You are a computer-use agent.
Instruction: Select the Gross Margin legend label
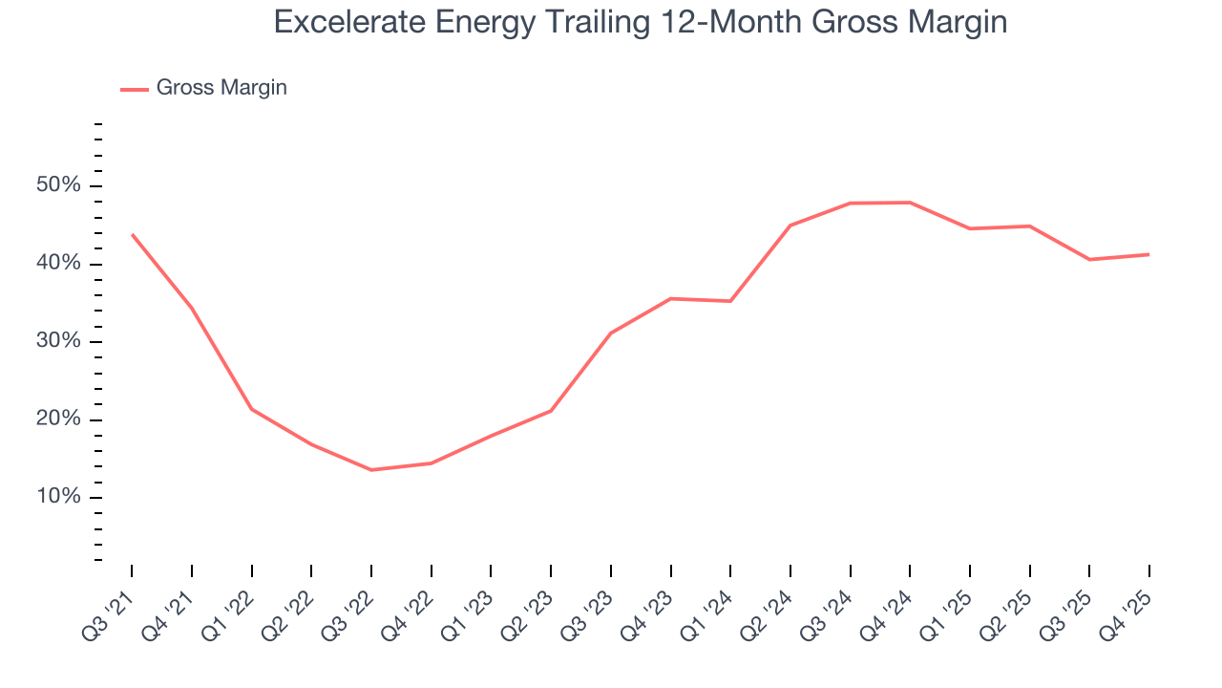coord(221,88)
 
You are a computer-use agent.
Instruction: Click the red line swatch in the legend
coord(134,89)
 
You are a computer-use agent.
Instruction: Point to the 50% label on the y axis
coord(58,185)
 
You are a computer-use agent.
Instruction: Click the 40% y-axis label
coord(58,264)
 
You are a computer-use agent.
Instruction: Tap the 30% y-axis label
coord(58,342)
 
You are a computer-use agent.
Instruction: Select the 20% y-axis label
coord(58,420)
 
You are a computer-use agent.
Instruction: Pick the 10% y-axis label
coord(58,498)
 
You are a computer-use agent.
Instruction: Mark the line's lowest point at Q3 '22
coord(371,469)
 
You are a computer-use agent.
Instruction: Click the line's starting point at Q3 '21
coord(132,234)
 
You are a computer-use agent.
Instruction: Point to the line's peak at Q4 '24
coord(910,203)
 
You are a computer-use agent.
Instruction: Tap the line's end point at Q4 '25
coord(1148,254)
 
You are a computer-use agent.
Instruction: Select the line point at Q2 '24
coord(790,226)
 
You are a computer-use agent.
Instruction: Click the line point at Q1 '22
coord(252,409)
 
